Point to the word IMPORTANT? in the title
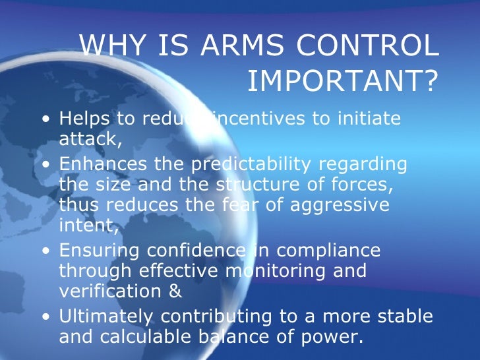[x=342, y=81]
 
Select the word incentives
[x=254, y=119]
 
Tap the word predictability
[x=256, y=163]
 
